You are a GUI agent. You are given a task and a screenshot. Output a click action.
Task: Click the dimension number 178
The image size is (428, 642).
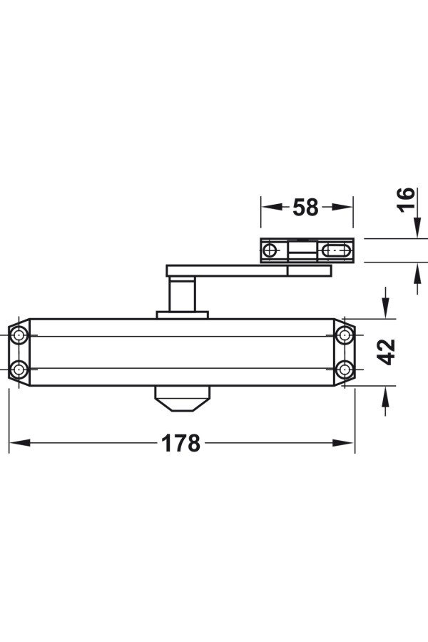pyautogui.click(x=180, y=443)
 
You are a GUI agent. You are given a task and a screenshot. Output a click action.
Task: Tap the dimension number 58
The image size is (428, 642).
pyautogui.click(x=305, y=207)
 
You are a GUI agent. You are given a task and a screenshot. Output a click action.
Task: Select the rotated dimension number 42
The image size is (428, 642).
pyautogui.click(x=386, y=352)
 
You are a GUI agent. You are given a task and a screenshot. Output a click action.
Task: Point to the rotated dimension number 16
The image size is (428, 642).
pyautogui.click(x=406, y=200)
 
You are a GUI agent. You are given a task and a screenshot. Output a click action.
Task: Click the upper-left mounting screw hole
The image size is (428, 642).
pyautogui.click(x=19, y=336)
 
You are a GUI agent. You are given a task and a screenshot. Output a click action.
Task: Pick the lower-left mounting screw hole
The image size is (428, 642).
pyautogui.click(x=19, y=370)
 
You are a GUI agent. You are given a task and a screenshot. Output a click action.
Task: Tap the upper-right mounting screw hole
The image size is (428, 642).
pyautogui.click(x=345, y=336)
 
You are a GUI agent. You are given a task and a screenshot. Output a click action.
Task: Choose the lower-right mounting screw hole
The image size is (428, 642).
pyautogui.click(x=345, y=370)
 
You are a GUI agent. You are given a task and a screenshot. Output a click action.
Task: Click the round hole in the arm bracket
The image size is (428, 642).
pyautogui.click(x=270, y=250)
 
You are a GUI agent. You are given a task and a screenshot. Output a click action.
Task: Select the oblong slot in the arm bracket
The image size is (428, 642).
pyautogui.click(x=336, y=250)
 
